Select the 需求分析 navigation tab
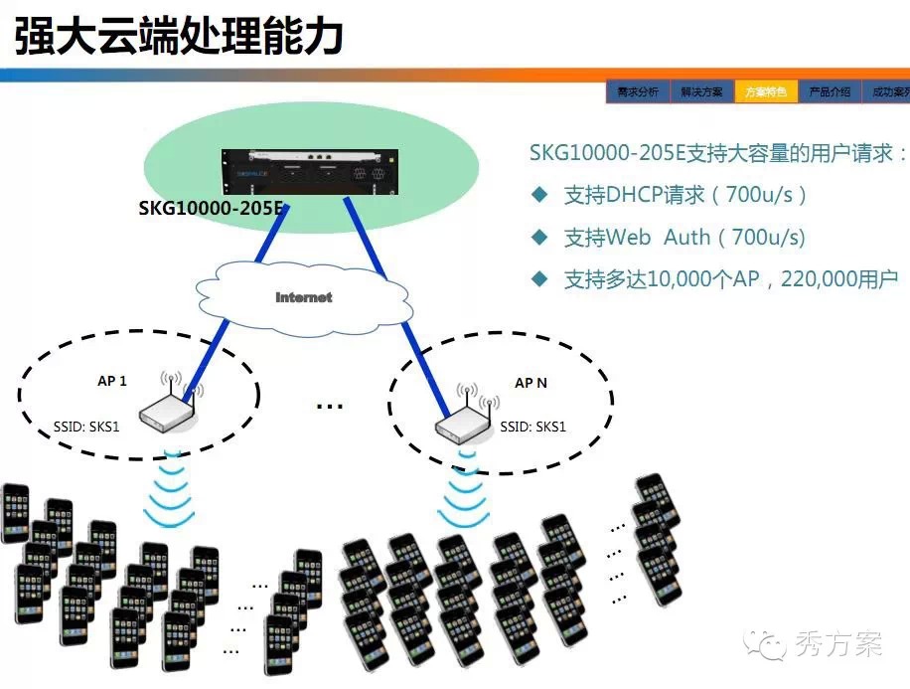(638, 91)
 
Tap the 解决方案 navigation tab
(701, 91)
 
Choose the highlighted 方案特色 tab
(766, 91)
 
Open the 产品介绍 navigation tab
(830, 91)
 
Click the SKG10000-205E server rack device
(309, 172)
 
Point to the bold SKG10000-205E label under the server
(212, 211)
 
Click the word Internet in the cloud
(304, 297)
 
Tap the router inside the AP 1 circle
(168, 407)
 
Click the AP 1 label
(111, 381)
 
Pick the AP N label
(531, 383)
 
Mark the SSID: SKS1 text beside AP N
(533, 427)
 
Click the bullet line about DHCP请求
(685, 195)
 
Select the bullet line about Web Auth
(685, 238)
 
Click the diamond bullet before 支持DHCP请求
(539, 195)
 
